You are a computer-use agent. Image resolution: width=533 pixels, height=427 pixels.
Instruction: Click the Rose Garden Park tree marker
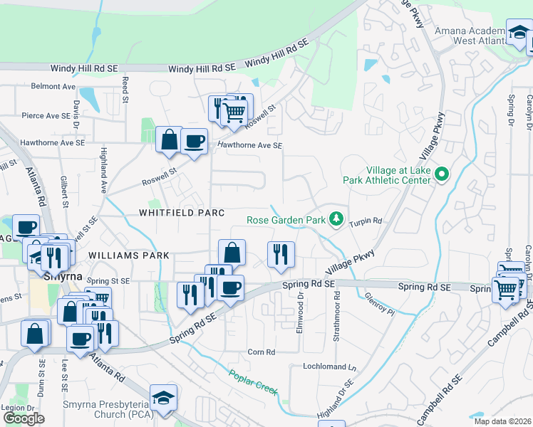[x=336, y=220]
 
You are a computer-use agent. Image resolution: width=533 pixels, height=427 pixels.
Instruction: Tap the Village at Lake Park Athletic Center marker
[x=443, y=174]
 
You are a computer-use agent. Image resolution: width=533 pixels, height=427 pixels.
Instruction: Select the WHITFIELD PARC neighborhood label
[x=182, y=213]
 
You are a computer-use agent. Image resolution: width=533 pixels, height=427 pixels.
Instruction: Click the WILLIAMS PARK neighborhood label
[x=129, y=255]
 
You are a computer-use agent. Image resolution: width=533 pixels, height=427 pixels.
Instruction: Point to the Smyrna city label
[x=63, y=276]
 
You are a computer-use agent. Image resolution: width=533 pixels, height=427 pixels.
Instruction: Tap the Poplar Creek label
[x=253, y=381]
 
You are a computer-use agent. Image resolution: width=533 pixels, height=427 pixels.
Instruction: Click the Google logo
[x=24, y=418]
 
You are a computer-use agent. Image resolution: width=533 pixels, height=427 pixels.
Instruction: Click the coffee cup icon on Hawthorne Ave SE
[x=194, y=141]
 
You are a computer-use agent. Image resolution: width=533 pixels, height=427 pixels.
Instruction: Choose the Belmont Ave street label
[x=53, y=86]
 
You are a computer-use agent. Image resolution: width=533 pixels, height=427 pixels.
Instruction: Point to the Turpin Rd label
[x=366, y=221]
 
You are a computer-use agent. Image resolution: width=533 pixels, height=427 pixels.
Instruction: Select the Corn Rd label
[x=261, y=352]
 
